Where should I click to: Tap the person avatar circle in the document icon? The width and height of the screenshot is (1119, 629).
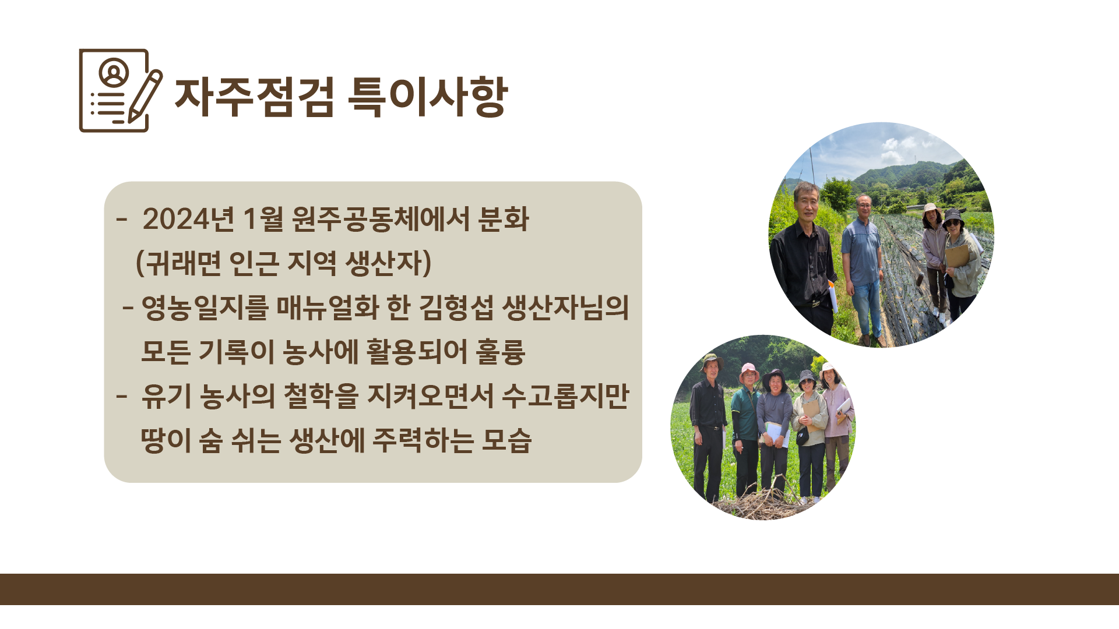pos(114,72)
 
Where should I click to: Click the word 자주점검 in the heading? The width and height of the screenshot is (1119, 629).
pos(255,97)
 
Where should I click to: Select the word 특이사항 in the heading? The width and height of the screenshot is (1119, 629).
pos(428,97)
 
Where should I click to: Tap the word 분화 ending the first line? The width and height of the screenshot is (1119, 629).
pos(504,220)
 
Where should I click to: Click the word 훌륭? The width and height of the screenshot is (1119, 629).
pos(501,352)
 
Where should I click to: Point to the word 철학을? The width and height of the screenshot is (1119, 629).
pos(321,396)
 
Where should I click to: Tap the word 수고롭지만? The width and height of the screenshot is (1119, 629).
pos(565,396)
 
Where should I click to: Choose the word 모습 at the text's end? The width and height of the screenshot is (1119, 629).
pos(506,440)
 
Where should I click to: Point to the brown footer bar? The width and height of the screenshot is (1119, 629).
pos(559,589)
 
